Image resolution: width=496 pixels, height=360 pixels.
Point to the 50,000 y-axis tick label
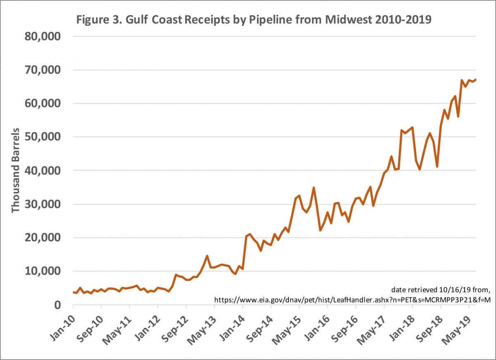(43, 137)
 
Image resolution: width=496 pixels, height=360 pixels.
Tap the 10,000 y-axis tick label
(43, 271)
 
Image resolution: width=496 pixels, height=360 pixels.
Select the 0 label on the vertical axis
(57, 305)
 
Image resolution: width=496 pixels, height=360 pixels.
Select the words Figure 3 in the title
(93, 20)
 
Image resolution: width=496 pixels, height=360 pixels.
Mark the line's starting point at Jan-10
(73, 292)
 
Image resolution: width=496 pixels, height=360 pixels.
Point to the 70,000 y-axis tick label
(43, 70)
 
